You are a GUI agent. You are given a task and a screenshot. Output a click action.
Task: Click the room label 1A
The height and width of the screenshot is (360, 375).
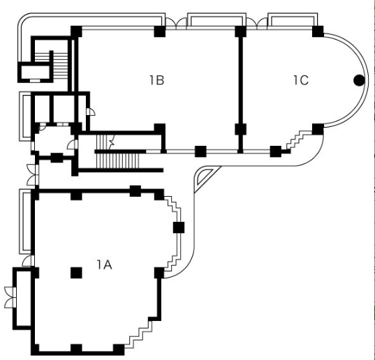(x=105, y=264)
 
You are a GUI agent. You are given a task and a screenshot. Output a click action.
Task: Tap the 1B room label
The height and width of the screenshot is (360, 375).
(x=157, y=80)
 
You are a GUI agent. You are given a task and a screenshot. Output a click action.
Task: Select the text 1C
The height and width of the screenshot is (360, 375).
(x=301, y=80)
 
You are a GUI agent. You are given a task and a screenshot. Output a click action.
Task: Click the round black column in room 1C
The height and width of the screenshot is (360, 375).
(x=359, y=80)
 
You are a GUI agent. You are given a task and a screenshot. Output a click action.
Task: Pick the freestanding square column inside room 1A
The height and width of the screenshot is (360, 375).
(x=76, y=273)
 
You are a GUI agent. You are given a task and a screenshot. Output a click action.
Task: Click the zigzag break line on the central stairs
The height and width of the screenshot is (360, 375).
(x=112, y=142)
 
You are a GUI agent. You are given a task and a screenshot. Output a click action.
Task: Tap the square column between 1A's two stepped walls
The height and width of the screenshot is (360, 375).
(x=179, y=227)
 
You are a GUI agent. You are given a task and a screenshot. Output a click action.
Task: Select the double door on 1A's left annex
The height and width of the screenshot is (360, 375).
(x=10, y=297)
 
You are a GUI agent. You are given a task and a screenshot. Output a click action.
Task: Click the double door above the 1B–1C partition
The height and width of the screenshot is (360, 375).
(x=257, y=24)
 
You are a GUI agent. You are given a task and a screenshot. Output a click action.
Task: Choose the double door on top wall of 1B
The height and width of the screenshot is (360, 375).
(x=176, y=24)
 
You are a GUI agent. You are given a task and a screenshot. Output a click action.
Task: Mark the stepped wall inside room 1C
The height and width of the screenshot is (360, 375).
(x=300, y=140)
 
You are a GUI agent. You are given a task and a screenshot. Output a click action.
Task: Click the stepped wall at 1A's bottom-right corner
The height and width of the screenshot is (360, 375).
(x=139, y=334)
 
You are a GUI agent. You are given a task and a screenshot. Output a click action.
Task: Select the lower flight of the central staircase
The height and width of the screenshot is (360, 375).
(x=117, y=160)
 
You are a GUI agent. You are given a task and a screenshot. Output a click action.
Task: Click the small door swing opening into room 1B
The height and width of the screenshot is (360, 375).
(x=91, y=112)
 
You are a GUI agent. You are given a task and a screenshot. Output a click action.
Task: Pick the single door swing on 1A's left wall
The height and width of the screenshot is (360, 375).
(x=28, y=261)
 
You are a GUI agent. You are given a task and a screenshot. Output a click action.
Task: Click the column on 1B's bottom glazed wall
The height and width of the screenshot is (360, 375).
(x=200, y=151)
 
